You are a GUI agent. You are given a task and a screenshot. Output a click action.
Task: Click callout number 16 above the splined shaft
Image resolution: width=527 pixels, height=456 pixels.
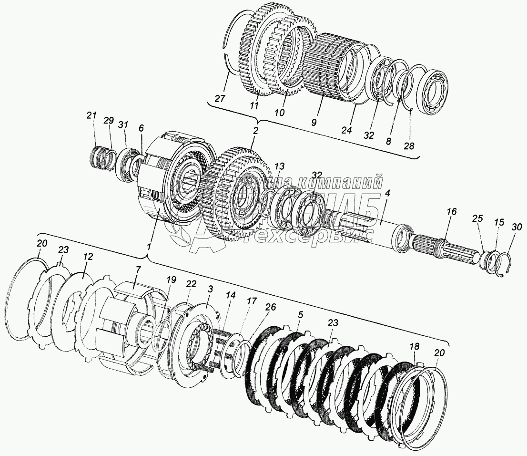452,210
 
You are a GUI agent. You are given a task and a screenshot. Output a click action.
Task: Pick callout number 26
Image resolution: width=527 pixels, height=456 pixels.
270,308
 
